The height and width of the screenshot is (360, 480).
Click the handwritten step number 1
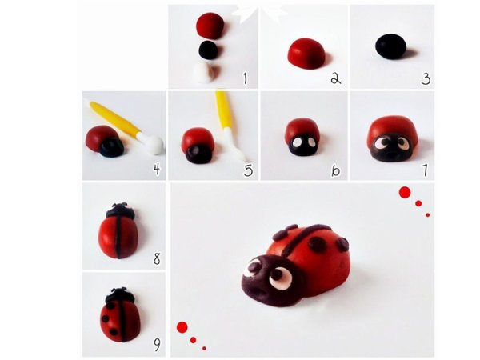click(245, 78)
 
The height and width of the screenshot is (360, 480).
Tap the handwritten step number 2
click(335, 78)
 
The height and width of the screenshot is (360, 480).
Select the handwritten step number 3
click(426, 78)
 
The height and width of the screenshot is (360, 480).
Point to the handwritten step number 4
click(157, 169)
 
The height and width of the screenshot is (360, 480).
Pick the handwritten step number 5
click(248, 170)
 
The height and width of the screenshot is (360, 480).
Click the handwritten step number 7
click(425, 170)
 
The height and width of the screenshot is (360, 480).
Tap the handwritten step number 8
click(157, 258)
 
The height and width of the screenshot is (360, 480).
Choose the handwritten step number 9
click(157, 346)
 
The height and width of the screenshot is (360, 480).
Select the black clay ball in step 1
click(209, 50)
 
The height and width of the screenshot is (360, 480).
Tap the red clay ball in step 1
click(210, 26)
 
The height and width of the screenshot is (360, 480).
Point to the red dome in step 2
click(306, 54)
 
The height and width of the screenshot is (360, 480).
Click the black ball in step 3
click(391, 46)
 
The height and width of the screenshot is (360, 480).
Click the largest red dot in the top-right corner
click(405, 193)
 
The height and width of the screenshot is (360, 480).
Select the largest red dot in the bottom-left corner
click(182, 327)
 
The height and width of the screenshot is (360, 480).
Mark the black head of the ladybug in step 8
click(120, 211)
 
